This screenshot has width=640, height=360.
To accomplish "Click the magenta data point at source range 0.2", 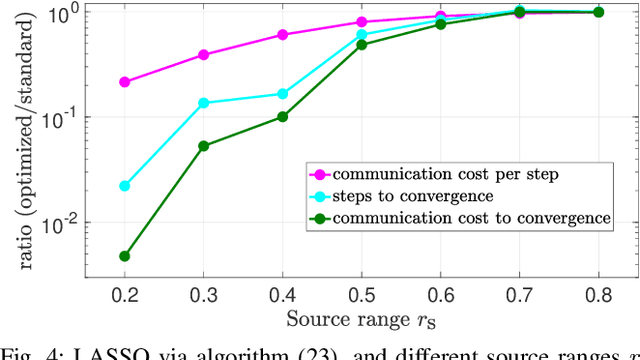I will point(125,82).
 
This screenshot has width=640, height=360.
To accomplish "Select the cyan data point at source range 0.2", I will point(125,186).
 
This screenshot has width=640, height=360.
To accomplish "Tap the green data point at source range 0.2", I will point(125,256).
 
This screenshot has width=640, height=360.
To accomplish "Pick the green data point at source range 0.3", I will point(204,146).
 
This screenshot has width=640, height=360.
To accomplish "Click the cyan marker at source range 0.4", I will point(283,94).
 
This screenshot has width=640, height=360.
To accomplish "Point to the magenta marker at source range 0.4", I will point(283,35).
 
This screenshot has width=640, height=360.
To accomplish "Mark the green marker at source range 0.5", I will point(362,45).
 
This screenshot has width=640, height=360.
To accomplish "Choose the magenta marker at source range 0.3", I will point(204,55).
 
